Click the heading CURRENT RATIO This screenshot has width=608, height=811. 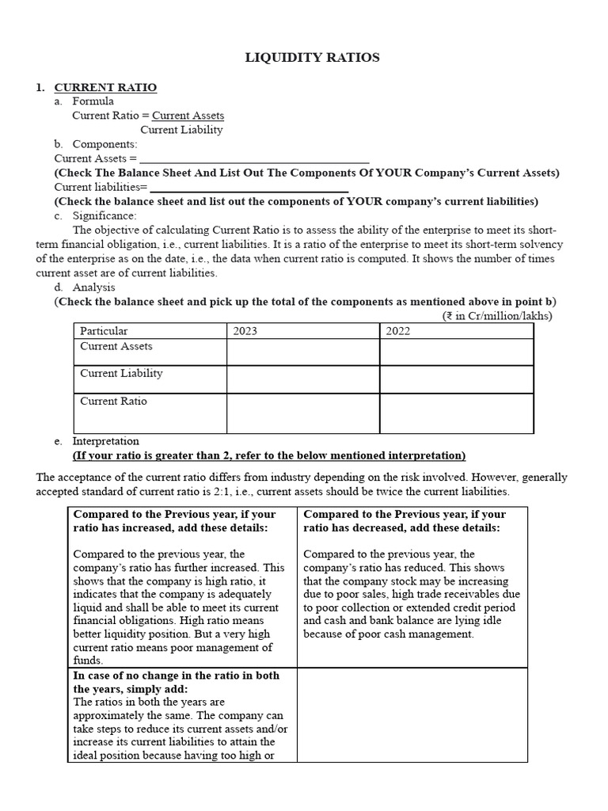pyautogui.click(x=104, y=87)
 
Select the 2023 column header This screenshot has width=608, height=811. pyautogui.click(x=245, y=331)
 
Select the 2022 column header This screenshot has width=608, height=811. pyautogui.click(x=398, y=331)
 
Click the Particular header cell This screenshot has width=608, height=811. pyautogui.click(x=104, y=331)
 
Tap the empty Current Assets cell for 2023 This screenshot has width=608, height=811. pyautogui.click(x=302, y=352)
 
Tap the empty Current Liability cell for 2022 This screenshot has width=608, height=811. pyautogui.click(x=456, y=379)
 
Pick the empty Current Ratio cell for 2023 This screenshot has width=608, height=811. pyautogui.click(x=302, y=413)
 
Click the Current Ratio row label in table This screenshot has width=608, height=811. pyautogui.click(x=113, y=402)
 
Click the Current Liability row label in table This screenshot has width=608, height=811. pyautogui.click(x=121, y=373)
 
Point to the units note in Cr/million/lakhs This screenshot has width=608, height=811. pyautogui.click(x=497, y=316)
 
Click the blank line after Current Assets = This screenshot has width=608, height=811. pyautogui.click(x=254, y=158)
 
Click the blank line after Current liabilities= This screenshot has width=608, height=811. pyautogui.click(x=249, y=188)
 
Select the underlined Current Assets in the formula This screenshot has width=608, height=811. pyautogui.click(x=188, y=116)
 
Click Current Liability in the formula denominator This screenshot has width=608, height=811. pyautogui.click(x=181, y=130)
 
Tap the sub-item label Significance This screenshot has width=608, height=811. pyautogui.click(x=104, y=215)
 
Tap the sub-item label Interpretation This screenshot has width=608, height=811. pyautogui.click(x=105, y=441)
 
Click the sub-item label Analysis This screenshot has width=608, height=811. pyautogui.click(x=93, y=287)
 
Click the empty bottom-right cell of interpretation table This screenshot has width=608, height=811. pyautogui.click(x=412, y=714)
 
